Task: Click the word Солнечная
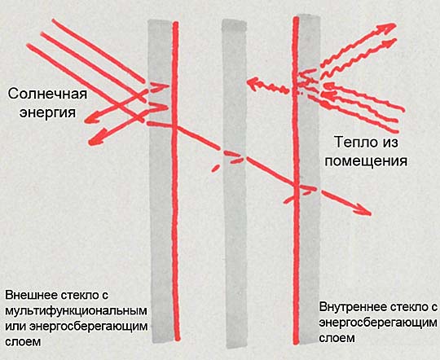(x=47, y=94)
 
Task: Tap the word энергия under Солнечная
(x=47, y=112)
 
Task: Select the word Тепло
(x=351, y=142)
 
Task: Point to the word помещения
(x=366, y=161)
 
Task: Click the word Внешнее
(x=32, y=295)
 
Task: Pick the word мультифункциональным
(x=76, y=311)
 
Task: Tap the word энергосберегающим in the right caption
(x=378, y=323)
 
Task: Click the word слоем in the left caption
(x=23, y=342)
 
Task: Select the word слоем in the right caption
(x=337, y=338)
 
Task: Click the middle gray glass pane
(x=235, y=183)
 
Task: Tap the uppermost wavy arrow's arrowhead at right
(x=388, y=29)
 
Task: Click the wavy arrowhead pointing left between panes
(x=253, y=84)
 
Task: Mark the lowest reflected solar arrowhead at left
(x=95, y=139)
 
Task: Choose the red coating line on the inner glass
(x=296, y=180)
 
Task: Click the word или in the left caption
(x=15, y=327)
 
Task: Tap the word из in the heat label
(x=389, y=143)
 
